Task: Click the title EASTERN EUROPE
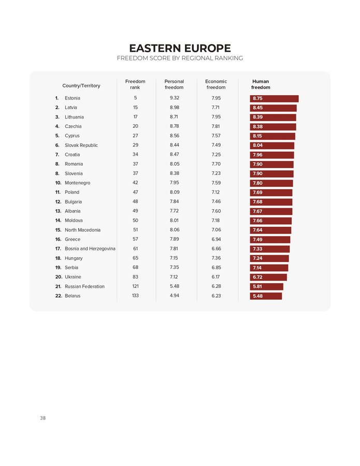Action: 180,48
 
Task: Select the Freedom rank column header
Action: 135,84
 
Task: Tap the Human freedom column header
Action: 260,84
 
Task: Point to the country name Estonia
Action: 73,98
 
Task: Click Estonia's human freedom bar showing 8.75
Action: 274,98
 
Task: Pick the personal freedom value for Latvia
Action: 174,108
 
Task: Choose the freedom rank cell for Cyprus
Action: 135,136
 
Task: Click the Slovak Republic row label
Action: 81,145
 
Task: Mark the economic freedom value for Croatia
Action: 216,155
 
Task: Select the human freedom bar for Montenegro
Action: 271,183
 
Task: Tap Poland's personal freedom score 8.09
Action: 174,192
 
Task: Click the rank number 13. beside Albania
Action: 58,211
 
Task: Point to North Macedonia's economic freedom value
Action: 216,230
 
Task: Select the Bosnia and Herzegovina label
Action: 90,249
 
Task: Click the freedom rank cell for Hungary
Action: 135,258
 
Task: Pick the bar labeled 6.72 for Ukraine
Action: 268,277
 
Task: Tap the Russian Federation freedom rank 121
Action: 135,286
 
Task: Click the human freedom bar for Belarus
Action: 266,296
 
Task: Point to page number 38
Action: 43,418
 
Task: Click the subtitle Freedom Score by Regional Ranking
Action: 180,59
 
